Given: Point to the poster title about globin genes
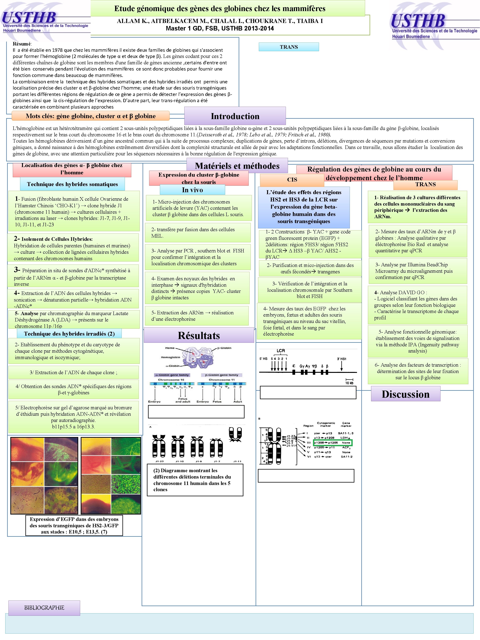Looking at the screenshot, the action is [x=220, y=9].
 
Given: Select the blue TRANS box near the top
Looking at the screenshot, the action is [x=289, y=47].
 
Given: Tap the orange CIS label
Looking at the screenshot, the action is [x=292, y=180].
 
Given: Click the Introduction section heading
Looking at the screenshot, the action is [x=235, y=116].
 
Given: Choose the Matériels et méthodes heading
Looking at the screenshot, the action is [x=237, y=166].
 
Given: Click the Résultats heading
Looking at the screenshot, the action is [x=199, y=335].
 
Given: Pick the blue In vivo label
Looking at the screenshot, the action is [x=192, y=190].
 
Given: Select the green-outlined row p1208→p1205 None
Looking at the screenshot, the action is [x=333, y=443].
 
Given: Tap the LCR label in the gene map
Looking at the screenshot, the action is [x=280, y=351].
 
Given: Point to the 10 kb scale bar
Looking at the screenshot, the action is [x=349, y=381].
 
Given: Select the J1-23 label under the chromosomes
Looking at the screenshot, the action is [x=159, y=461].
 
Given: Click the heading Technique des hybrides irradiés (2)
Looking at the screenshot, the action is [x=69, y=334].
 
